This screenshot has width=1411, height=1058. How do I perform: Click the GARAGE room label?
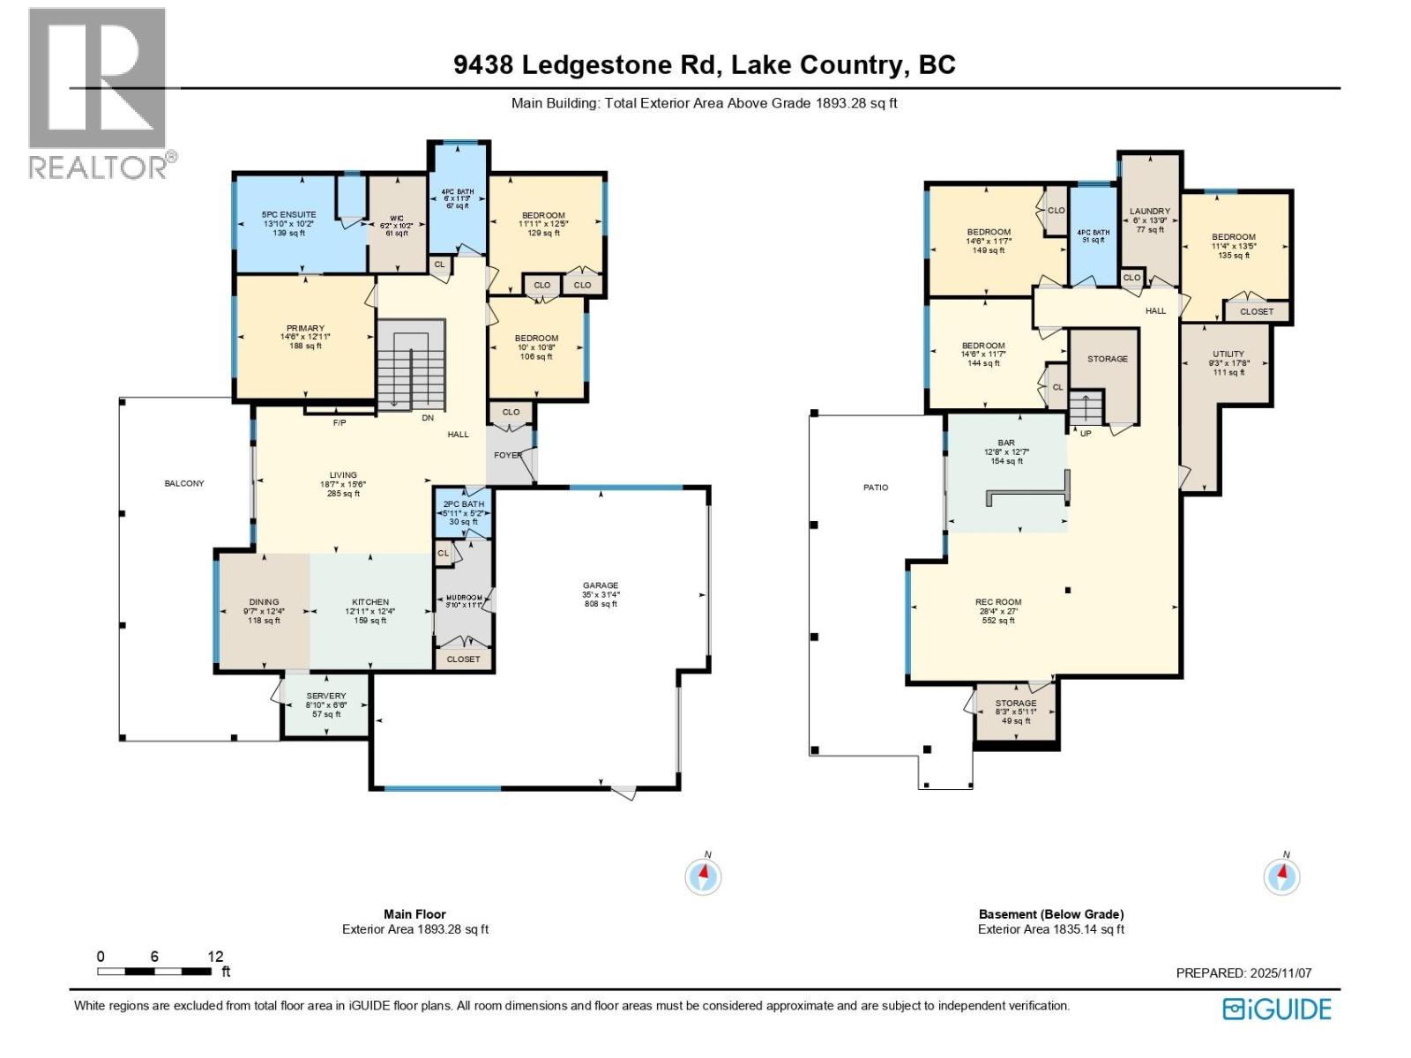point(601,585)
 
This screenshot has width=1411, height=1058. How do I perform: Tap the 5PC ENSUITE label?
point(288,214)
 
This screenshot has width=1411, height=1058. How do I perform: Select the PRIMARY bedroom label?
point(305,328)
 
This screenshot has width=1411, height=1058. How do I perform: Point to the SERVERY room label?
point(326,696)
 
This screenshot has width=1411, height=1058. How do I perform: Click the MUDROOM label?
point(464,597)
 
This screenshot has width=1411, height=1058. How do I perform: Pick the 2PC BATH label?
point(464,504)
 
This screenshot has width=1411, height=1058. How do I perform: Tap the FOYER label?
point(507,455)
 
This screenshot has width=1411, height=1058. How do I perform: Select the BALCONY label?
point(184,483)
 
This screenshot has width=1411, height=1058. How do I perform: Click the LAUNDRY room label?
point(1150,211)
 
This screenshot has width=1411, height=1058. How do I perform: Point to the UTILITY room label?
point(1228,354)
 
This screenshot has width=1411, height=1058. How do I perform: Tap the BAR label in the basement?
point(1006,443)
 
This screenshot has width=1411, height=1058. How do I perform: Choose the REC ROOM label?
point(998,602)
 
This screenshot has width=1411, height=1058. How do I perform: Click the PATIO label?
point(876,487)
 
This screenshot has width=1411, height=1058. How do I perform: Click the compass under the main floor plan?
point(703,876)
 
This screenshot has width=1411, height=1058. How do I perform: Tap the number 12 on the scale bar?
point(215,957)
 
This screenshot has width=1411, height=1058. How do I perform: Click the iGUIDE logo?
point(1277,1009)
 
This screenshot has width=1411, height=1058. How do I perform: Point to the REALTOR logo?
point(99,93)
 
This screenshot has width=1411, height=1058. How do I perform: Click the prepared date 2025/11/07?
point(1280,973)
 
